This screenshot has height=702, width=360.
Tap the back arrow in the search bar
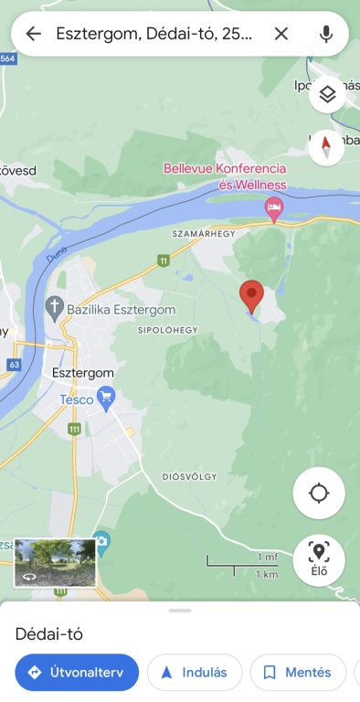click(34, 34)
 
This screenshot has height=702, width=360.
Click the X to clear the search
click(281, 34)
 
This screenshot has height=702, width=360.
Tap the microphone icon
click(326, 34)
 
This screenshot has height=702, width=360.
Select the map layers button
click(327, 93)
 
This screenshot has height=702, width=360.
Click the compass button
click(327, 146)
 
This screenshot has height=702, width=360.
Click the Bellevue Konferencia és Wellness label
click(225, 176)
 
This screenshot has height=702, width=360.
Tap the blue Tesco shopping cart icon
click(107, 398)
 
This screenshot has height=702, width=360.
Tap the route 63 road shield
click(13, 364)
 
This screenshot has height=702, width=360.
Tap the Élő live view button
click(319, 559)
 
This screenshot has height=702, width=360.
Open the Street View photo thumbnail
click(56, 562)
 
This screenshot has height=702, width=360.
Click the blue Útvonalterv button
click(77, 672)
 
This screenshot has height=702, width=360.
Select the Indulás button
click(195, 672)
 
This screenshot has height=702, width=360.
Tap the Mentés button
click(298, 672)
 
